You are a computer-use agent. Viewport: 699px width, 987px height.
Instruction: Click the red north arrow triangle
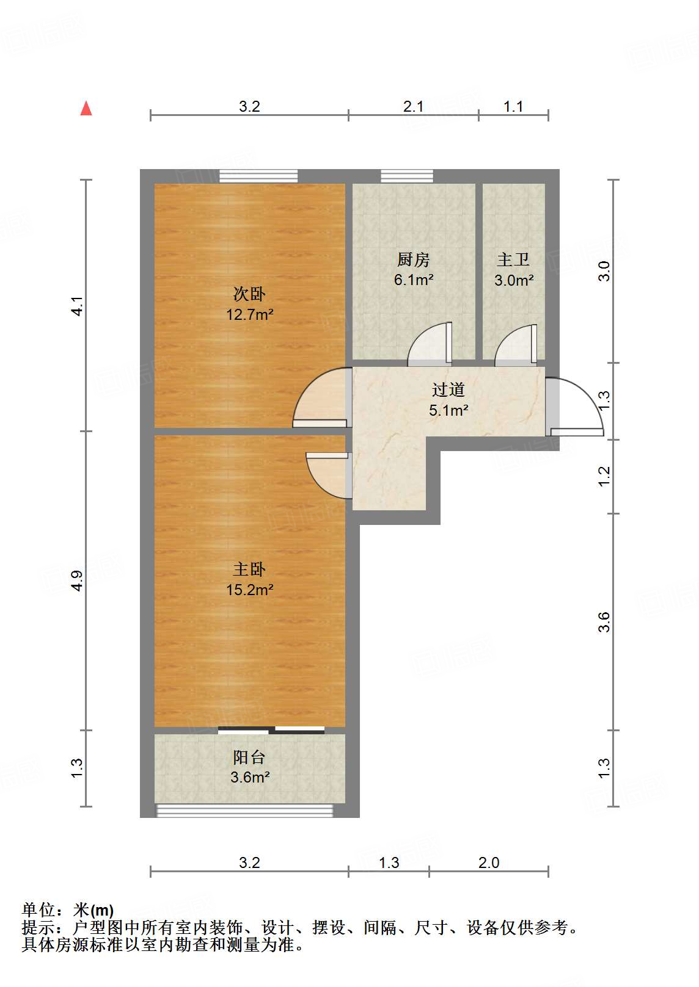click(86, 109)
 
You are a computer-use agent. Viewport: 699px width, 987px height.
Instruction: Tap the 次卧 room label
click(249, 294)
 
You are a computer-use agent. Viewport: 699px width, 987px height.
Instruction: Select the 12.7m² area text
click(249, 315)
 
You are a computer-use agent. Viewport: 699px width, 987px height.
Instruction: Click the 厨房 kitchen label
click(414, 260)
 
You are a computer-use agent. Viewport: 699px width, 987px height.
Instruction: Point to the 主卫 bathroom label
click(513, 260)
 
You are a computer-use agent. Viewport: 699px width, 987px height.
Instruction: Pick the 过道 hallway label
click(448, 389)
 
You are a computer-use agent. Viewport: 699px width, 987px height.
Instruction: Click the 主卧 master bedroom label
click(249, 569)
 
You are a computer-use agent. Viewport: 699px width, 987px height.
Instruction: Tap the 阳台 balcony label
click(249, 757)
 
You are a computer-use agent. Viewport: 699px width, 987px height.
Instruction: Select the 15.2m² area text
click(249, 590)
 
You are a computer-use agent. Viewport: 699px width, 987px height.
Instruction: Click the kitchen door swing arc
click(428, 343)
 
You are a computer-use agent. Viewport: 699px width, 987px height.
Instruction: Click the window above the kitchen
click(407, 176)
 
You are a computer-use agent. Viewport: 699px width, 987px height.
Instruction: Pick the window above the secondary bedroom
click(258, 176)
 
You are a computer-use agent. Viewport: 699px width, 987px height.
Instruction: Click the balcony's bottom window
click(245, 811)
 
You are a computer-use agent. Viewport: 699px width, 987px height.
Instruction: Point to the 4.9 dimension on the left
click(77, 580)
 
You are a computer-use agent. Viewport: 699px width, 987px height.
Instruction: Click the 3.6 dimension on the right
click(604, 621)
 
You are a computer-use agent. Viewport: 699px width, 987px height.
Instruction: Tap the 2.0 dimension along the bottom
click(489, 862)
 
